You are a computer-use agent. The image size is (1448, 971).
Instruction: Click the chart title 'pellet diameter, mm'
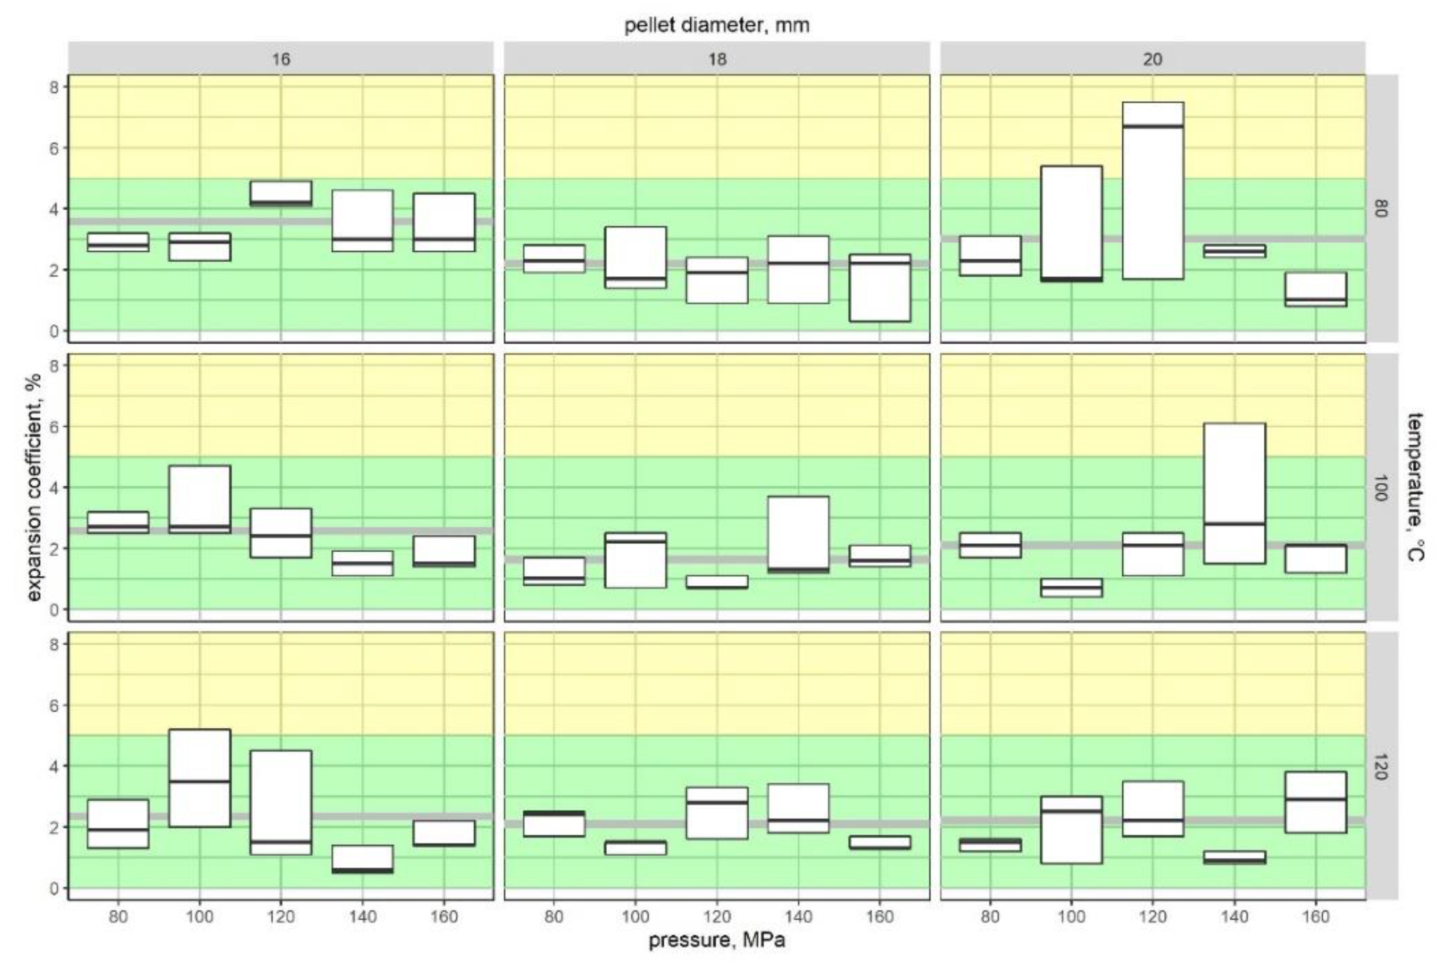tap(716, 25)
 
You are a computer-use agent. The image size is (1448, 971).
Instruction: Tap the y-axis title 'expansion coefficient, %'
tap(35, 487)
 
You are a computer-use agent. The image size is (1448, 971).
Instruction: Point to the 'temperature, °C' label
tap(1415, 487)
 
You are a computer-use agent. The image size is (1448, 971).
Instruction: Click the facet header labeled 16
tap(280, 59)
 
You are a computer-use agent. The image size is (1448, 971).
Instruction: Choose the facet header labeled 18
tap(716, 59)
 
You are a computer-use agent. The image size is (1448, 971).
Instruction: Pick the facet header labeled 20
tap(1152, 59)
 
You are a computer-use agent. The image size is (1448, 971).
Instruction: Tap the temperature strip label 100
tap(1381, 487)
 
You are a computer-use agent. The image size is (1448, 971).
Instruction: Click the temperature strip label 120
tap(1381, 766)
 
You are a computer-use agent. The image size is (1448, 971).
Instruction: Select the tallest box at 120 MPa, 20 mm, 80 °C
tap(1152, 191)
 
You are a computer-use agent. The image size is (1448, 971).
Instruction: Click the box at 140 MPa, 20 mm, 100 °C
tap(1235, 493)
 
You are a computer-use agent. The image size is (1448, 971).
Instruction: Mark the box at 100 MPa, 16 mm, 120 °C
tap(199, 778)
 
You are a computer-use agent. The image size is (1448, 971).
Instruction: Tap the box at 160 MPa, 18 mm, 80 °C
tap(880, 288)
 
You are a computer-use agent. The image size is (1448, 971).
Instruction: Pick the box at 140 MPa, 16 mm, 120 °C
tap(363, 859)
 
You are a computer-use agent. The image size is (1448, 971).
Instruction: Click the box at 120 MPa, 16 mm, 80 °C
tap(280, 193)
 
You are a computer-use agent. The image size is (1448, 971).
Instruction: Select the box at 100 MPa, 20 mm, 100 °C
tap(1071, 587)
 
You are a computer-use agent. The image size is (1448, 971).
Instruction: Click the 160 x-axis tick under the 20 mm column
tap(1316, 916)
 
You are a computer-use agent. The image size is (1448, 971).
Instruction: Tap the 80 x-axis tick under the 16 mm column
tap(118, 916)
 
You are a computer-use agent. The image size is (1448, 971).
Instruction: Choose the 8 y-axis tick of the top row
tap(54, 87)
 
